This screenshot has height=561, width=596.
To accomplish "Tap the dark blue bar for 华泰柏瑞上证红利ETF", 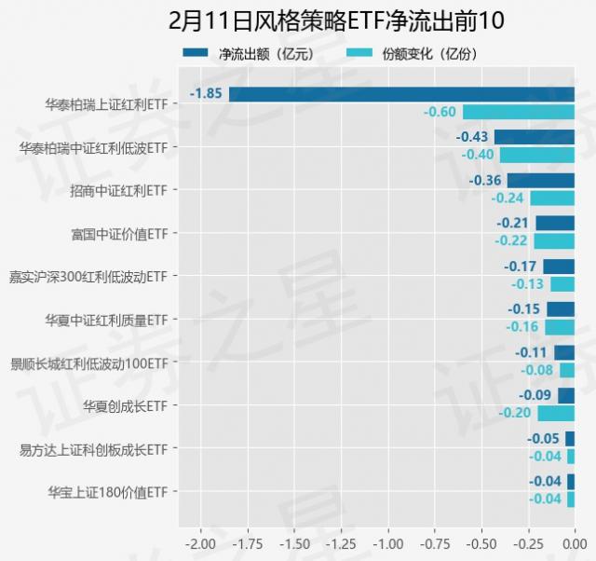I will click(401, 94).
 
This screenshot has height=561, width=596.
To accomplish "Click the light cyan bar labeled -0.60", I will click(518, 112).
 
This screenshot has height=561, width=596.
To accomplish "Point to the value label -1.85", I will click(206, 93).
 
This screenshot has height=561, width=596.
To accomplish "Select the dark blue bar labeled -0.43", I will click(534, 137).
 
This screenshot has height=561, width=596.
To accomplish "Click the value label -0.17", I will click(520, 267).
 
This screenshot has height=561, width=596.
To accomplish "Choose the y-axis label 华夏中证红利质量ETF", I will click(106, 319).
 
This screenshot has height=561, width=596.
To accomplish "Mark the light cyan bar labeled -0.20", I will click(556, 413).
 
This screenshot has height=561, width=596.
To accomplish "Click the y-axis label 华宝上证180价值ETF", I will click(106, 491).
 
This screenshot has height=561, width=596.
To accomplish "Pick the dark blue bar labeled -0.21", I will click(555, 223).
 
